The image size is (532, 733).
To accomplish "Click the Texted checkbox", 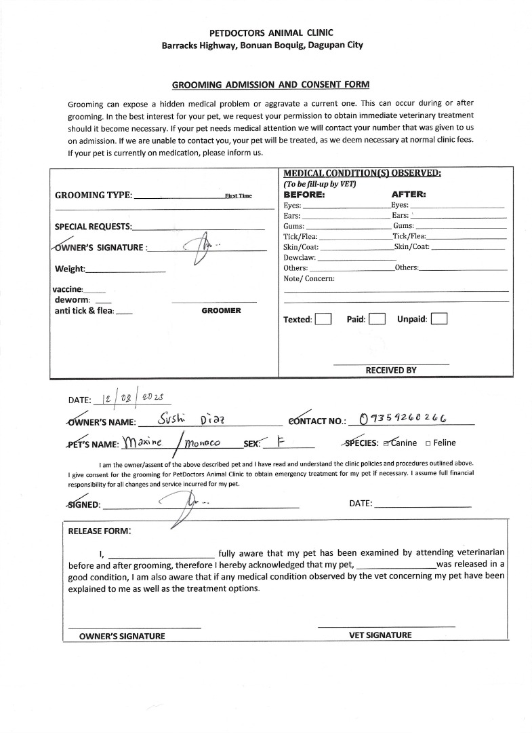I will (323, 319).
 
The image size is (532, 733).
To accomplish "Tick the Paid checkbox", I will (377, 319).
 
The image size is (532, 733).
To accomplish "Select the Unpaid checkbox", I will (439, 319).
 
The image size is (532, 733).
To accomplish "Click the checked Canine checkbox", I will (387, 443).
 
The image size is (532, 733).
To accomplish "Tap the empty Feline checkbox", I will (428, 443).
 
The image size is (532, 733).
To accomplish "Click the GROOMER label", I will (221, 310).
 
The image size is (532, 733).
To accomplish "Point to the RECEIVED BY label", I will (391, 370).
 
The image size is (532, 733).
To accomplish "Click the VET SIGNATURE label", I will (380, 635).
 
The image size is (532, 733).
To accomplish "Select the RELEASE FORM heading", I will (100, 531).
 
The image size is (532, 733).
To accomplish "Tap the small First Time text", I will (238, 195).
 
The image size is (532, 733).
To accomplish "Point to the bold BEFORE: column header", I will (304, 194).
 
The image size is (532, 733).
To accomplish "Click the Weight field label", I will (70, 269).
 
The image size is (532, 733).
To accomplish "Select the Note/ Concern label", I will (309, 278).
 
